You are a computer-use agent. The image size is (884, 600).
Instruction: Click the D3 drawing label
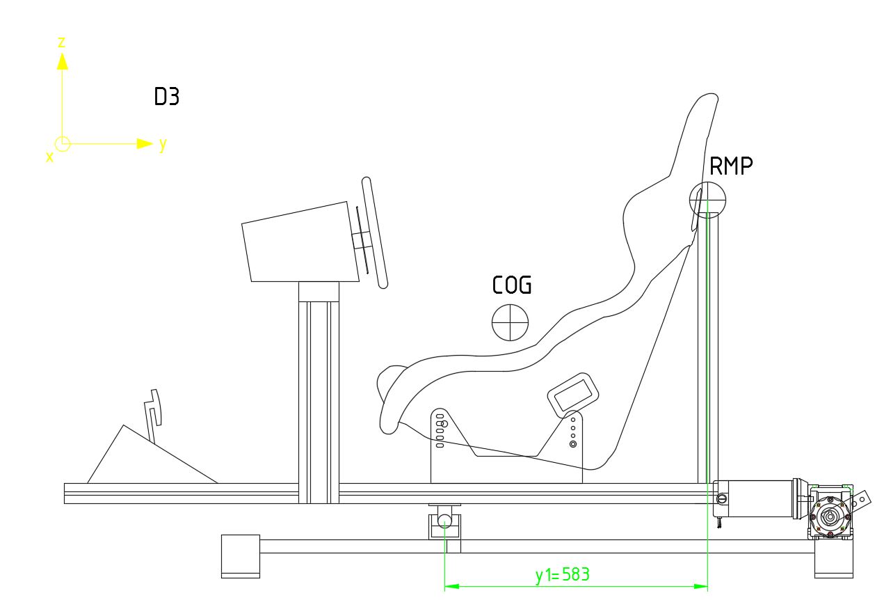(x=166, y=96)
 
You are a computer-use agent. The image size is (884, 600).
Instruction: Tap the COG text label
(x=512, y=285)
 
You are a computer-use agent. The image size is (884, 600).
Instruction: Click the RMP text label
(x=731, y=166)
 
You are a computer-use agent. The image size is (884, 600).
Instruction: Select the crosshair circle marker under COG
(x=510, y=322)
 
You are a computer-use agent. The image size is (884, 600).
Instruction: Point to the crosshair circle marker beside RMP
(x=707, y=200)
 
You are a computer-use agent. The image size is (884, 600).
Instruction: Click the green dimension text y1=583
(x=563, y=575)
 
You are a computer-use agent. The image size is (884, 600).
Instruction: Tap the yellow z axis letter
(x=61, y=42)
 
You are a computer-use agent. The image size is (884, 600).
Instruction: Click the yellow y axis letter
(x=163, y=145)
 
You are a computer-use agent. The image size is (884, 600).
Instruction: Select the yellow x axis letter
(x=49, y=157)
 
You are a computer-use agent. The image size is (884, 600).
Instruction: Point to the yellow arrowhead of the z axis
(x=63, y=61)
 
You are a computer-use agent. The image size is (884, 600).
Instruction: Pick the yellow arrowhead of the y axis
(x=145, y=144)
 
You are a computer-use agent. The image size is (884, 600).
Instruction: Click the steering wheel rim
(x=374, y=232)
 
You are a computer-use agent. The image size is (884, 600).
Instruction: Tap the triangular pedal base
(x=152, y=455)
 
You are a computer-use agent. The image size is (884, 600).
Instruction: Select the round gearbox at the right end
(x=830, y=516)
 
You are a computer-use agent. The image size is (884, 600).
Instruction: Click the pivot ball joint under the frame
(x=444, y=520)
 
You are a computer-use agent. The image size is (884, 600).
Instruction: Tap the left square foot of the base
(x=241, y=556)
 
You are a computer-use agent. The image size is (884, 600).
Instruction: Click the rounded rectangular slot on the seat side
(x=572, y=395)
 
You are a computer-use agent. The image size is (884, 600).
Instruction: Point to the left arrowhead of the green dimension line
(x=452, y=586)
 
